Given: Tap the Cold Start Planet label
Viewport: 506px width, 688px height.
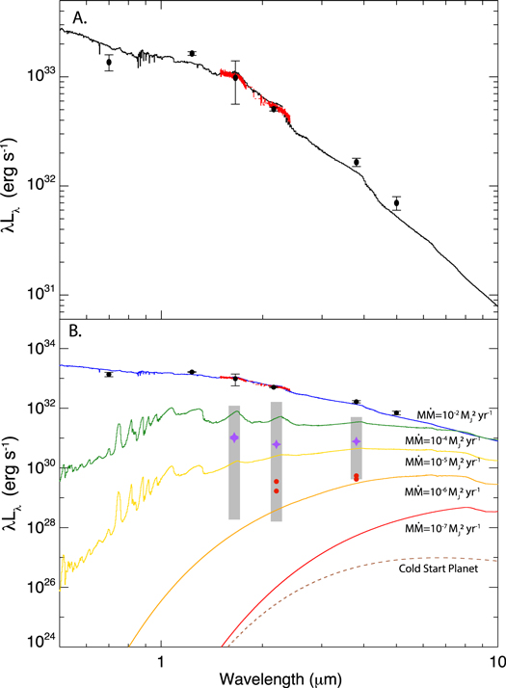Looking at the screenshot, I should pos(442,569).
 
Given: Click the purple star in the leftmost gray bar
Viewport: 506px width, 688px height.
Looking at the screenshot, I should pos(234,437).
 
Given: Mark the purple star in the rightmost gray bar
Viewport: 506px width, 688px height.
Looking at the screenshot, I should pos(357,441).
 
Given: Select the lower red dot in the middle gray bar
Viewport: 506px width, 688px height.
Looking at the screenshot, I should pos(277,491).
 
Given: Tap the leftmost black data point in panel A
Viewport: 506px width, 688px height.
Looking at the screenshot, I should pos(109,63).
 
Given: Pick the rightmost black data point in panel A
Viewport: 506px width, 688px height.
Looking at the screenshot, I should pos(396,202).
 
